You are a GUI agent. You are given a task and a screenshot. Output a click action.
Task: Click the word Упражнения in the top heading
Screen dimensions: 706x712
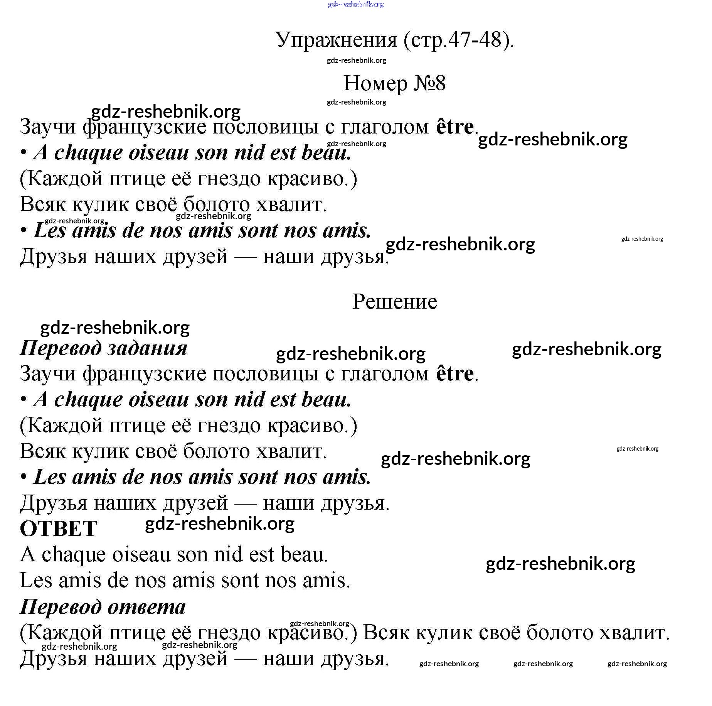tap(336, 40)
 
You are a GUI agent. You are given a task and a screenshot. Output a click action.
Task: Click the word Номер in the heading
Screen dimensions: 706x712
tap(375, 83)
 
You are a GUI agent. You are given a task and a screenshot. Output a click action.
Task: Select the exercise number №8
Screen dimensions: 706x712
tap(429, 83)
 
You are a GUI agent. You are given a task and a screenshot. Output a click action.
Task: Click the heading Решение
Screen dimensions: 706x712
tap(395, 302)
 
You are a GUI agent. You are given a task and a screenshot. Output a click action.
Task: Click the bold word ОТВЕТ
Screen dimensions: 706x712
tap(58, 529)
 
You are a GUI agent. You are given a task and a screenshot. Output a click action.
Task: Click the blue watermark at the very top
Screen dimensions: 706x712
tap(355, 5)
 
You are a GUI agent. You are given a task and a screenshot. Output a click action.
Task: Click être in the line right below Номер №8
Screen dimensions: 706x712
tap(454, 127)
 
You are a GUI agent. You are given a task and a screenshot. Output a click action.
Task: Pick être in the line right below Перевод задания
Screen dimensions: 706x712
tap(454, 373)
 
